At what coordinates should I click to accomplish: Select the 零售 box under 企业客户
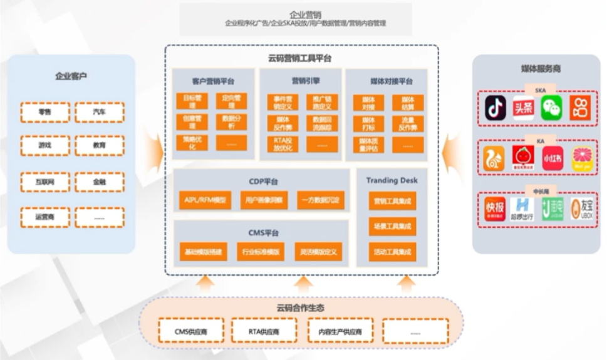coord(44,112)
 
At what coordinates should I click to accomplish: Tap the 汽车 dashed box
coord(99,112)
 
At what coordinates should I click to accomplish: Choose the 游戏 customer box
coord(44,145)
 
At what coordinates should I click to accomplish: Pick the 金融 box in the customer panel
coord(99,182)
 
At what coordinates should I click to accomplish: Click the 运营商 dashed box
coord(44,217)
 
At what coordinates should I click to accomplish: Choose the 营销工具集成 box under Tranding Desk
coord(392,202)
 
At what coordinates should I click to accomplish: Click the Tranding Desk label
coord(392,180)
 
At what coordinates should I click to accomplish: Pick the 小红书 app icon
coord(552,158)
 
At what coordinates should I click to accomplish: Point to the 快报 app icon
coord(495,208)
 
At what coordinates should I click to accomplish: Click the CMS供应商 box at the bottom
coord(190,331)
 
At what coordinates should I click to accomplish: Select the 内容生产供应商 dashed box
coord(340,331)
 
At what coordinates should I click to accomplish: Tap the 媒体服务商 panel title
coord(540,69)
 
